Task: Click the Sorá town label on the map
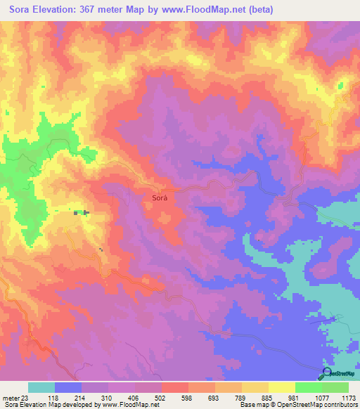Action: tap(159, 199)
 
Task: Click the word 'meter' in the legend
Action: tap(10, 398)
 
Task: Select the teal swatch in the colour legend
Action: tap(41, 387)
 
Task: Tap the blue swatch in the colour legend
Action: tap(67, 387)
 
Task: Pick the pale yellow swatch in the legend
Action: tap(282, 387)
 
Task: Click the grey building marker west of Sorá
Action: tap(81, 212)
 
